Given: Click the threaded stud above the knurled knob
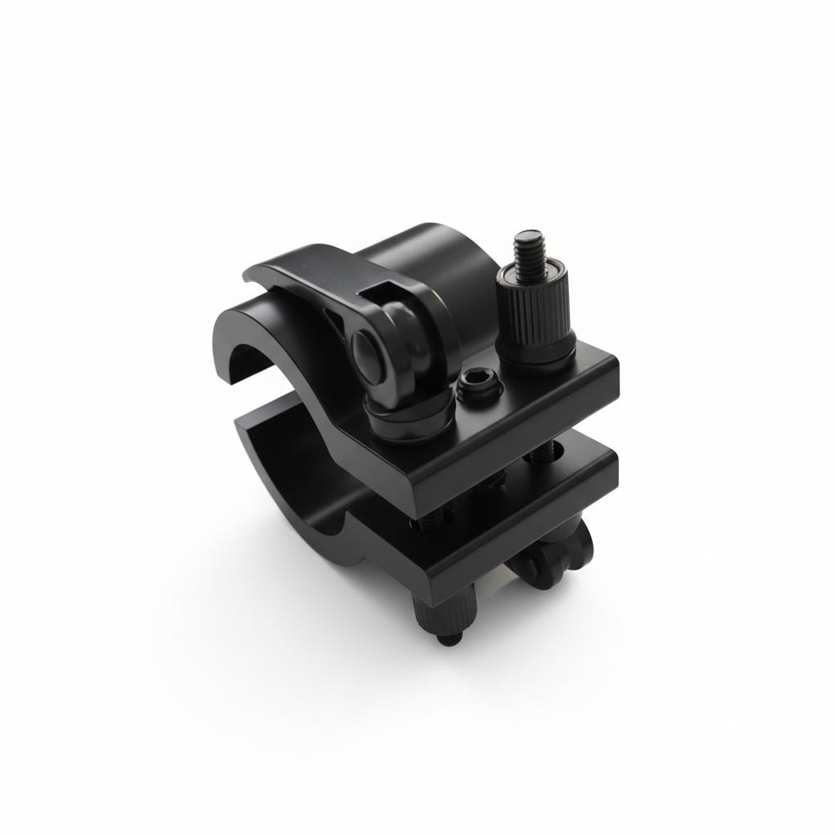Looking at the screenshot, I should point(529,250).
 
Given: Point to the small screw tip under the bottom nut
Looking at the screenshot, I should point(448,638).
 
